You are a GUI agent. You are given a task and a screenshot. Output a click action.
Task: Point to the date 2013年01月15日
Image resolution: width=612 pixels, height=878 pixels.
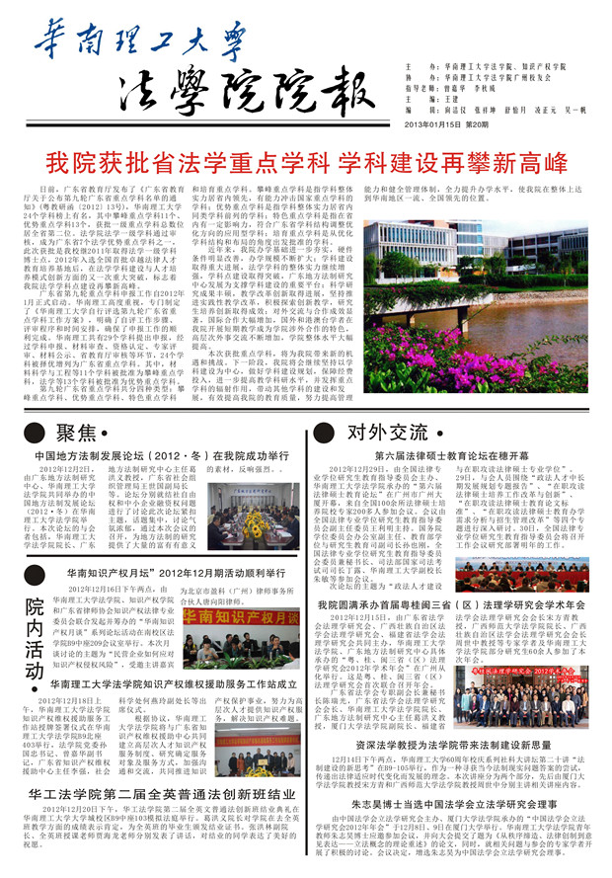point(429,123)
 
